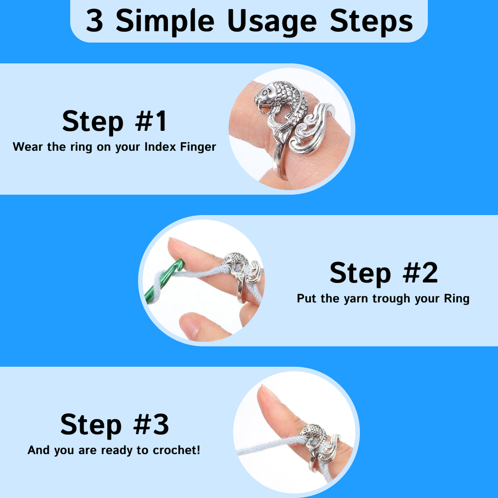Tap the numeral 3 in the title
pyautogui.click(x=95, y=21)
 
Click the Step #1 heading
pyautogui.click(x=115, y=122)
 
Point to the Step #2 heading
pyautogui.click(x=383, y=273)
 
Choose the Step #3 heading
pyautogui.click(x=115, y=425)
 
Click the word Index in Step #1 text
pyautogui.click(x=160, y=147)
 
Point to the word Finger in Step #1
pyautogui.click(x=198, y=148)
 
